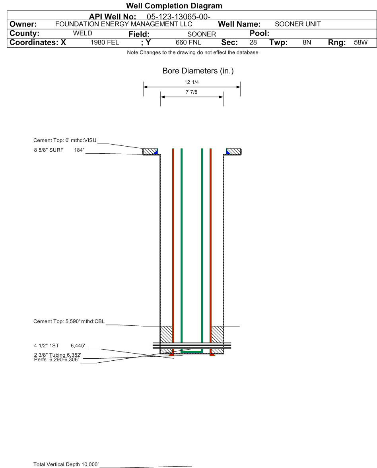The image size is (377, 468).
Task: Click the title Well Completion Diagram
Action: tap(174, 6)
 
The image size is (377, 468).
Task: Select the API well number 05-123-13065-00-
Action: tap(179, 17)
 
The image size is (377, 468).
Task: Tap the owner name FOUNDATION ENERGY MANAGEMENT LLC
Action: tap(124, 24)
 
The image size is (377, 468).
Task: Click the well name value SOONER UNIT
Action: tap(298, 24)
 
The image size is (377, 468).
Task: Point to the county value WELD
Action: tap(82, 33)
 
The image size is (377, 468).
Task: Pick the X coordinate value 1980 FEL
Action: tap(105, 43)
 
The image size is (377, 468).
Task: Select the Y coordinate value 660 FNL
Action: tap(188, 43)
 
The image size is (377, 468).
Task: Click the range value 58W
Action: tap(361, 43)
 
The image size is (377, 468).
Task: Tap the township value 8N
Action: tap(307, 43)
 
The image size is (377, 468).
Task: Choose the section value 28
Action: tap(253, 43)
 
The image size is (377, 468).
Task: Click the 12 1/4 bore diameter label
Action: tap(192, 82)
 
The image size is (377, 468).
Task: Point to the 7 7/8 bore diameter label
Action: tap(192, 92)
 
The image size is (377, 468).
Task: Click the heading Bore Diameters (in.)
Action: tap(198, 71)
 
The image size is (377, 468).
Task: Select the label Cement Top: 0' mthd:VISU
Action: tap(65, 140)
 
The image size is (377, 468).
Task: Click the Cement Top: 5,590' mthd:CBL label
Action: tap(69, 321)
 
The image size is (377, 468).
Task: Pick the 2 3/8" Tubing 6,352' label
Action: tap(57, 355)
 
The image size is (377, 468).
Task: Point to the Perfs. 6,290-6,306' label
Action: tap(56, 360)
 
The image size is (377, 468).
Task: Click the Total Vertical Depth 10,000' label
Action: tap(66, 464)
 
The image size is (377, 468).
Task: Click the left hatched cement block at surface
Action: tap(150, 152)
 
